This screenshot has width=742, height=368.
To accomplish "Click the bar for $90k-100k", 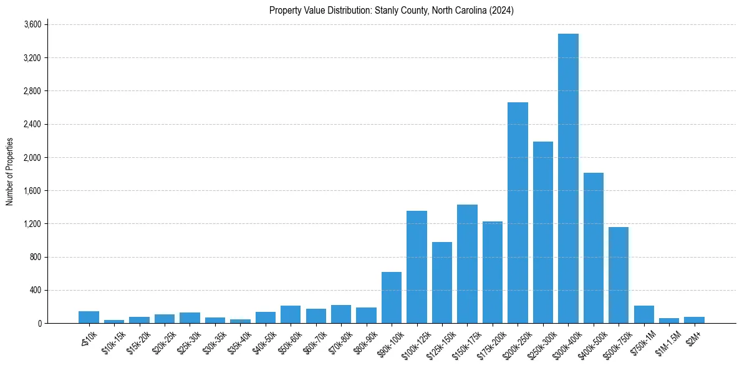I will [392, 298].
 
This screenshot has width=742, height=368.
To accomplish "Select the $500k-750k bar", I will [619, 275].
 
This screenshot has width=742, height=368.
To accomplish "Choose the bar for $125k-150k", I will [442, 283].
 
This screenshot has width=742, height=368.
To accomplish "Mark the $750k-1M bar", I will [644, 314].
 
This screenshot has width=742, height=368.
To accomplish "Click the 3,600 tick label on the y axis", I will [32, 25].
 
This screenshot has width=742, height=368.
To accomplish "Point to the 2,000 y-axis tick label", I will [32, 158].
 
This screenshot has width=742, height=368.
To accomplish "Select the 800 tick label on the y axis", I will [36, 257].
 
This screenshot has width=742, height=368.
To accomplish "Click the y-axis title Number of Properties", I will [9, 172].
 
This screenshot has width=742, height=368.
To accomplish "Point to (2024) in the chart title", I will [503, 11].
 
